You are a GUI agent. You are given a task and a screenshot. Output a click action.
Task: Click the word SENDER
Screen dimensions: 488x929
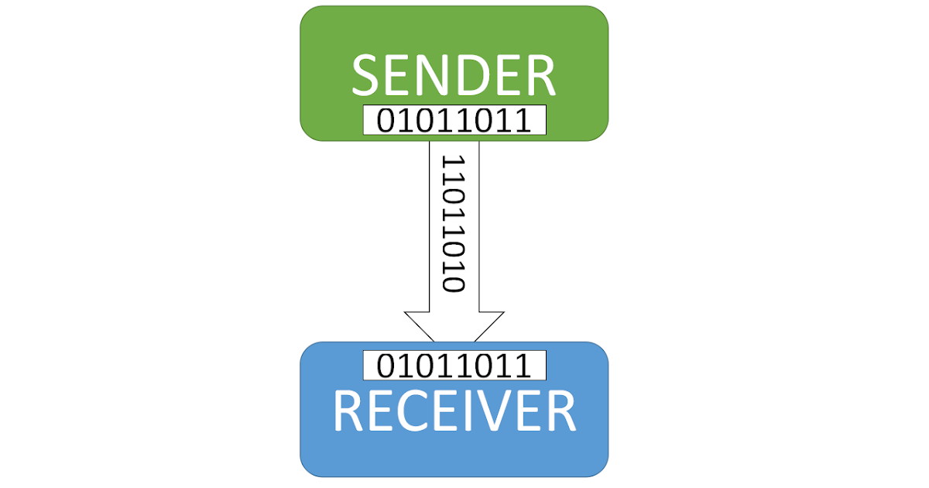[x=454, y=75]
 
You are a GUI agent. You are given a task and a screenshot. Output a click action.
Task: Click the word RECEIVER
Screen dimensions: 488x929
[x=454, y=411]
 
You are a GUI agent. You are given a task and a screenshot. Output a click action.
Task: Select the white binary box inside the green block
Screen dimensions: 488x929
[x=454, y=121]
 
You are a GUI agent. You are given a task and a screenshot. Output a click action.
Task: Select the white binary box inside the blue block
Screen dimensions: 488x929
[x=454, y=366]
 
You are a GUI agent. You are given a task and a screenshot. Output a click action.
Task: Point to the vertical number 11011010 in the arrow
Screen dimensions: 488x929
[x=453, y=223]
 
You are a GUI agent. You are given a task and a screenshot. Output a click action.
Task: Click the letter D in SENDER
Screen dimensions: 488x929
[x=478, y=75]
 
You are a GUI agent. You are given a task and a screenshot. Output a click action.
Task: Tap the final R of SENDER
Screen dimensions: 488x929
[x=540, y=75]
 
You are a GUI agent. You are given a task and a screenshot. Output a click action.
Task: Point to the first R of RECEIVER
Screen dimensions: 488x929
[x=348, y=411]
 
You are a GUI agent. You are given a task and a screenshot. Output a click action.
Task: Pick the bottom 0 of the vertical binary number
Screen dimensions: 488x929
[x=453, y=284]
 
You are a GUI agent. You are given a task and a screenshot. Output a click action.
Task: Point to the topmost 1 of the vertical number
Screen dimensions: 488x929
[x=453, y=162]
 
